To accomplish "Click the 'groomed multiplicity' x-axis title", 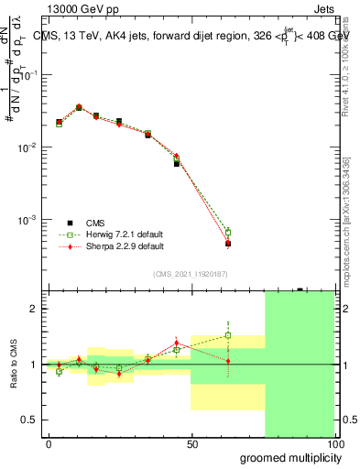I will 288,456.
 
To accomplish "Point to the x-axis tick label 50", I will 191,442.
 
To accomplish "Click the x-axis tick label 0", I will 49,442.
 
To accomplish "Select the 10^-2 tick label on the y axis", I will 31,147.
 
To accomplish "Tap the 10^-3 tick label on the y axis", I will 31,220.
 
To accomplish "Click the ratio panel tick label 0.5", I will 29,420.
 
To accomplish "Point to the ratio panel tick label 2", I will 34,309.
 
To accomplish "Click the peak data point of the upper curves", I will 79,107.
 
